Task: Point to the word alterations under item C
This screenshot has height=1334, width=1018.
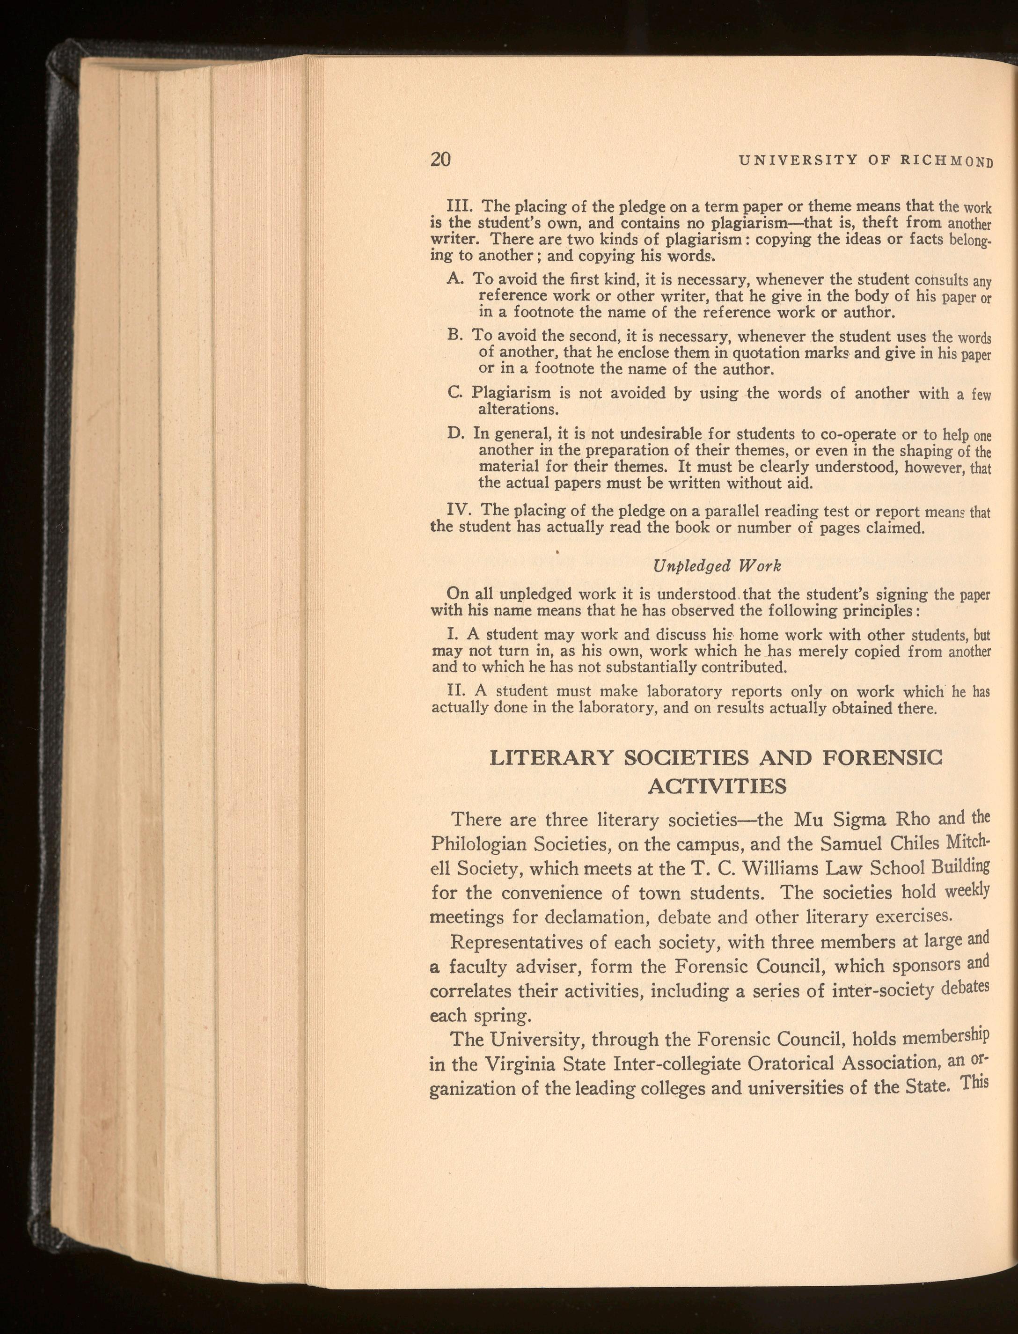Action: (518, 409)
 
